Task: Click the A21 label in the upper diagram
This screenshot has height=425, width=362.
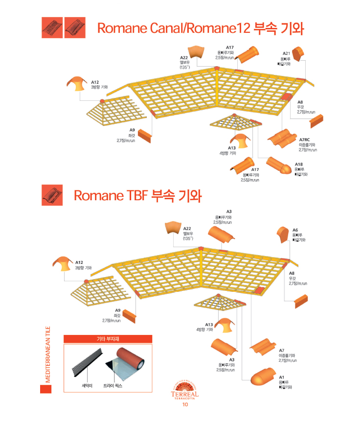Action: [287, 53]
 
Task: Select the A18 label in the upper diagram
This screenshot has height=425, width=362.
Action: [298, 164]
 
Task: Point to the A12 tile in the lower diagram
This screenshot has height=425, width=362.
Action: [62, 263]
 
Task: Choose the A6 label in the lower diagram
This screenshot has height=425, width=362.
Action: [295, 230]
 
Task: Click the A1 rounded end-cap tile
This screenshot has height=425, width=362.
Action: [263, 377]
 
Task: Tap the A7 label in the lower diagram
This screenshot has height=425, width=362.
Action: [282, 350]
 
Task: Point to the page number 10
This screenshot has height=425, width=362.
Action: [184, 404]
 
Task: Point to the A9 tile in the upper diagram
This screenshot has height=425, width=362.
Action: [144, 135]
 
